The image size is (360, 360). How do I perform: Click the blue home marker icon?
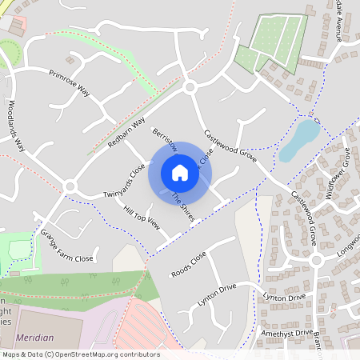click(x=179, y=172)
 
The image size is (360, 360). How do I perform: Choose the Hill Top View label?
click(x=142, y=216)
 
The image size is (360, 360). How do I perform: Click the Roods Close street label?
click(x=189, y=265)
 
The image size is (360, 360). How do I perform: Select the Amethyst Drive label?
click(x=286, y=332)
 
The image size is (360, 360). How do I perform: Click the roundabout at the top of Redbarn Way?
click(x=190, y=86)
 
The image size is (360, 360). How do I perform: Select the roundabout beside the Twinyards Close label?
click(x=70, y=186)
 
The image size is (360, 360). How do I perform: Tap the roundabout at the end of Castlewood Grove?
click(x=316, y=260)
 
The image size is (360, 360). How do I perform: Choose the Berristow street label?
click(x=163, y=137)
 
